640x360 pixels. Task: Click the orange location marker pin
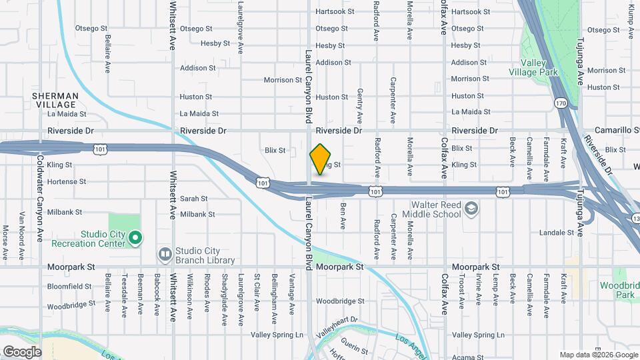coord(320,159)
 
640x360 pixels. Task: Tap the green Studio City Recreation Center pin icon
coord(135,237)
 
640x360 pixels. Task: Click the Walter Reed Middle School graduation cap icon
coord(472,209)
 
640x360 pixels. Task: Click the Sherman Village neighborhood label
coord(55,100)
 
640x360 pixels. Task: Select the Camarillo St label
coord(613,130)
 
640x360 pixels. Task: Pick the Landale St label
coord(556,233)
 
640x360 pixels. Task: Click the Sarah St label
coord(194,199)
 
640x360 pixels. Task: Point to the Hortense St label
coord(67,181)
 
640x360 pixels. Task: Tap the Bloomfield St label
coord(69,286)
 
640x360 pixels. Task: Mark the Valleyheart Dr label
coord(337,326)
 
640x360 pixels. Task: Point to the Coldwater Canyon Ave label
coord(40,199)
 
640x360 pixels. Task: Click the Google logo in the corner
coord(22,352)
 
